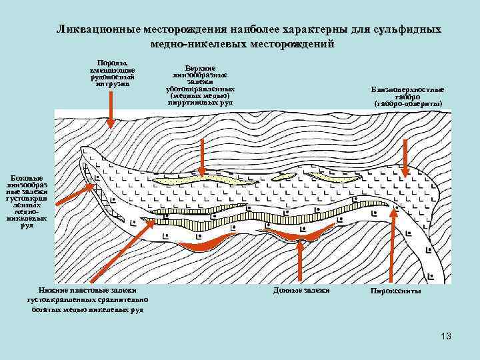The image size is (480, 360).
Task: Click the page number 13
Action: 446,336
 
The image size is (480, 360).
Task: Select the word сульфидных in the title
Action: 405,31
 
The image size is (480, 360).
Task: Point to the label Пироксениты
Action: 395,291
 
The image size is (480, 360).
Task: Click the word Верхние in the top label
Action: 200,67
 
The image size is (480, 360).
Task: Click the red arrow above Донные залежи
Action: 301,260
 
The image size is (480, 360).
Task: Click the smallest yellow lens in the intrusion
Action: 283,175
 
